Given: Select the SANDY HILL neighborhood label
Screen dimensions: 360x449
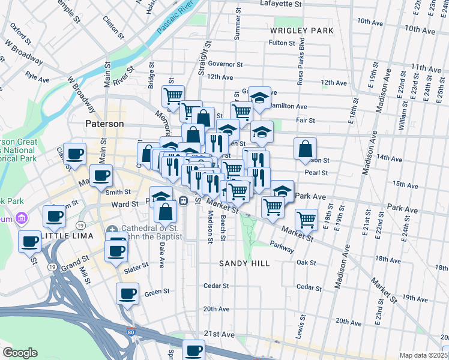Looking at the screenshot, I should pos(244,263).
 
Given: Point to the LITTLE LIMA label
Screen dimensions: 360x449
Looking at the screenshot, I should pos(70,236).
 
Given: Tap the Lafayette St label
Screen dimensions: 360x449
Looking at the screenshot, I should pos(280,4).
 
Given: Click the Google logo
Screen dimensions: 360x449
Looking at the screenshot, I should pos(20,353).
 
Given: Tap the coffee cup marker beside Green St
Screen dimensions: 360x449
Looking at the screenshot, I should pos(127,294).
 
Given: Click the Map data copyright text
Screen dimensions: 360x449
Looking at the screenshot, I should pos(423,355).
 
